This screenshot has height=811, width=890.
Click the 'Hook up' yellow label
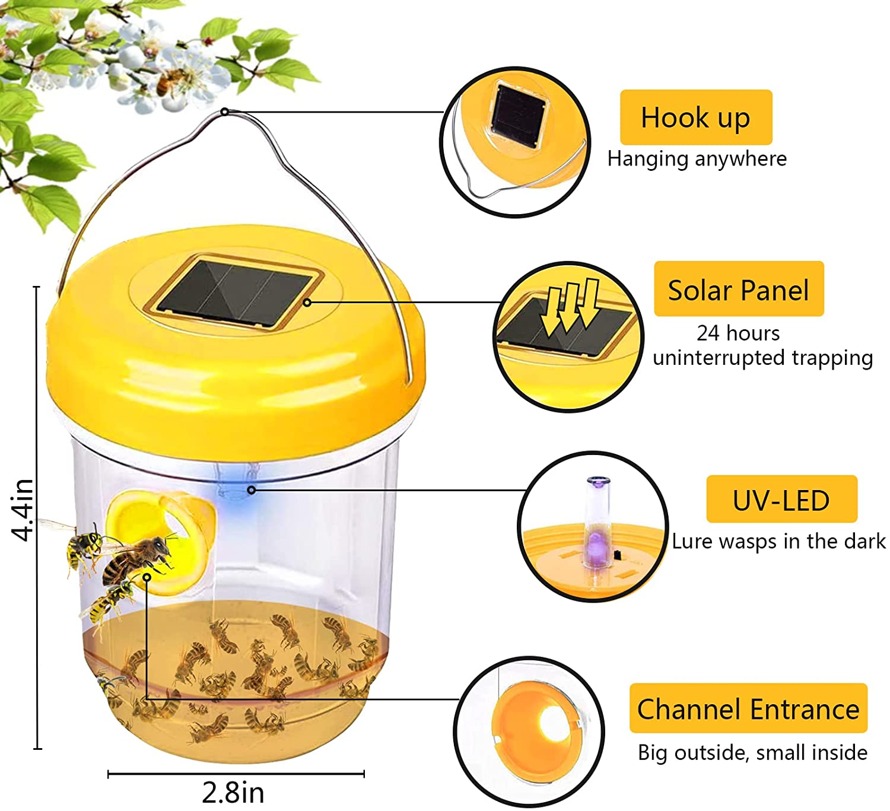(695, 117)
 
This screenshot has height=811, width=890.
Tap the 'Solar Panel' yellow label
(739, 289)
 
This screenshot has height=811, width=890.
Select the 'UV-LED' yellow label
(782, 499)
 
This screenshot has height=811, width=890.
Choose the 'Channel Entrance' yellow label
(748, 708)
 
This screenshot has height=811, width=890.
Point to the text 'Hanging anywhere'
(697, 159)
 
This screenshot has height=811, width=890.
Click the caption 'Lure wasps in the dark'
(778, 541)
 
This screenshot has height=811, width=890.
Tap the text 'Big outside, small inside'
(752, 753)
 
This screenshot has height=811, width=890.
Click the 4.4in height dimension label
(22, 510)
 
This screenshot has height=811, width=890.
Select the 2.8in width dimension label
(233, 793)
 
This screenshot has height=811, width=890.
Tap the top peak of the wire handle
(225, 112)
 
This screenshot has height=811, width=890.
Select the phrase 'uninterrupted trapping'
(762, 358)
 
